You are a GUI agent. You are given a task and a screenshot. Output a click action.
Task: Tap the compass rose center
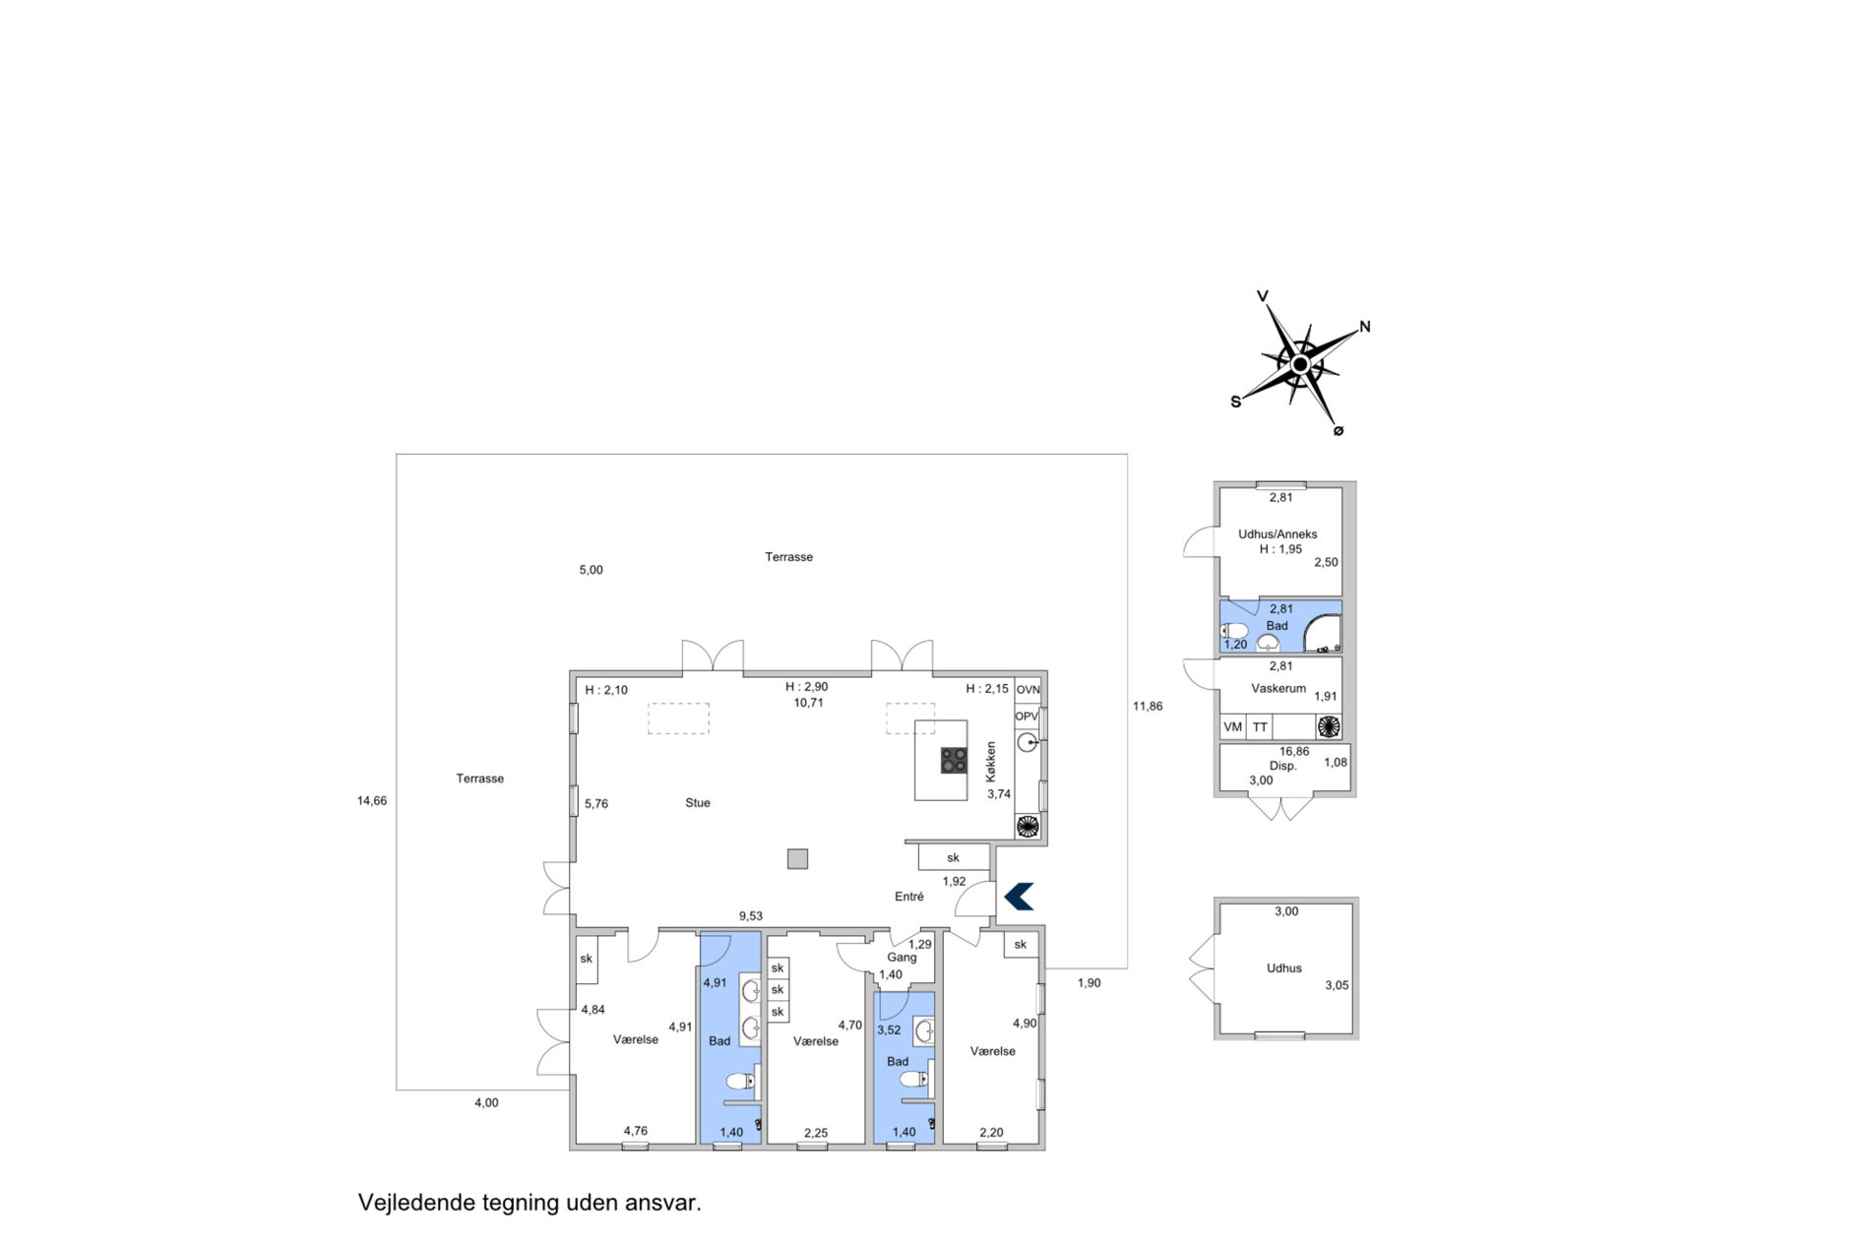tap(1300, 364)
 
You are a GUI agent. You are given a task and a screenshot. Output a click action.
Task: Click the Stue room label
tap(698, 803)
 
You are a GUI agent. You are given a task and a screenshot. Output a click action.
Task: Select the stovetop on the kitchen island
tap(953, 760)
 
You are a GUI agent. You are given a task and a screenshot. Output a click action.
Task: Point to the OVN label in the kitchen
tap(1028, 690)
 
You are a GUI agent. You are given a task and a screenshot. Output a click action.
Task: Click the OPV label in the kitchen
tap(1027, 717)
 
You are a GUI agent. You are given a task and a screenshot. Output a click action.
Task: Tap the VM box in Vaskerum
tap(1233, 727)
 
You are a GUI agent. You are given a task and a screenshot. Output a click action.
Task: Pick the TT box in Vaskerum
tap(1260, 727)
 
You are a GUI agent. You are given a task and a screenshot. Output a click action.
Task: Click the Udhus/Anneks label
tap(1278, 534)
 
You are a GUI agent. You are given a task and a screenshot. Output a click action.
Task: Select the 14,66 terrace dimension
tap(372, 801)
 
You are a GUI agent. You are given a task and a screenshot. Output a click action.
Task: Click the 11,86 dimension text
tap(1148, 706)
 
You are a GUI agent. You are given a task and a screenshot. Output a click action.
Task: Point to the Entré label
tap(909, 897)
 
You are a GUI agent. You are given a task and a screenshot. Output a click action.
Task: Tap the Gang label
tap(902, 958)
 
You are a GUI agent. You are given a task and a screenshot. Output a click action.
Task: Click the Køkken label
tap(991, 762)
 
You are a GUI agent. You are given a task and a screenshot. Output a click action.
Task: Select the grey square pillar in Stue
tap(797, 859)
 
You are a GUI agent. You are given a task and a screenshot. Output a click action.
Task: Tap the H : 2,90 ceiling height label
tap(806, 687)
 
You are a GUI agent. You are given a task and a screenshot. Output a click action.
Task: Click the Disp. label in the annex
tap(1282, 766)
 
